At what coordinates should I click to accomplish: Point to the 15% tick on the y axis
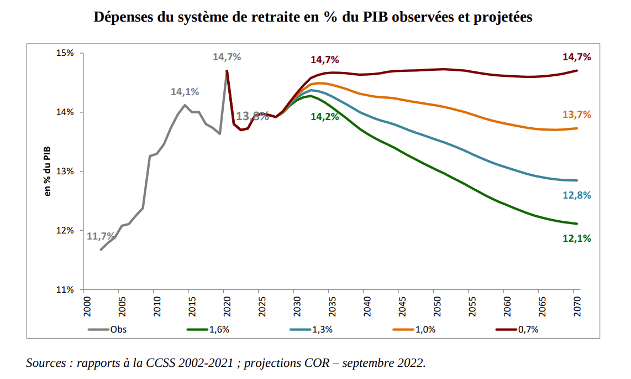[x=66, y=53]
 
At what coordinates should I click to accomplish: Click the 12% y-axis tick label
[x=66, y=230]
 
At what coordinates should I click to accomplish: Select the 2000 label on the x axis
[x=84, y=306]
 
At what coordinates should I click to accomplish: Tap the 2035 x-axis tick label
[x=329, y=306]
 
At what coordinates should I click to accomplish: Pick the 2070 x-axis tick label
[x=576, y=306]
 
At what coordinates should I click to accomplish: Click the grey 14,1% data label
[x=185, y=92]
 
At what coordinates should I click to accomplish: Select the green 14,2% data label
[x=325, y=117]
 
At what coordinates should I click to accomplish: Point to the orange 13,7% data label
[x=577, y=115]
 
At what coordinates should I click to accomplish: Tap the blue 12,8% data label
[x=577, y=195]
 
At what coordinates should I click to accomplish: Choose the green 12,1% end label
[x=577, y=238]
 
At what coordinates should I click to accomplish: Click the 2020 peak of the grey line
[x=227, y=70]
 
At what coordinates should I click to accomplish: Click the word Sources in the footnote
[x=48, y=364]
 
